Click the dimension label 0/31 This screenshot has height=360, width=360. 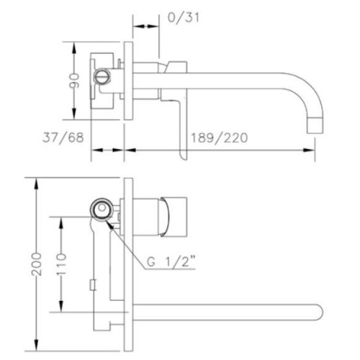coord(184,18)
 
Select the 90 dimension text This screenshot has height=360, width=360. coord(74,81)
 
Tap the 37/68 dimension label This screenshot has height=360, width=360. coord(63,138)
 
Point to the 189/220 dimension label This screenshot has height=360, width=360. coord(219,138)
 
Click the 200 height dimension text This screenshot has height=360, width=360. coord(37,264)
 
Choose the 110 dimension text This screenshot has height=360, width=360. coord(60,264)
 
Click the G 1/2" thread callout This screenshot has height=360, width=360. coord(171,261)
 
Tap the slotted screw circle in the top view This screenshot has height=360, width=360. coord(102,76)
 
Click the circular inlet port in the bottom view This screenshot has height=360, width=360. coord(102,208)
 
